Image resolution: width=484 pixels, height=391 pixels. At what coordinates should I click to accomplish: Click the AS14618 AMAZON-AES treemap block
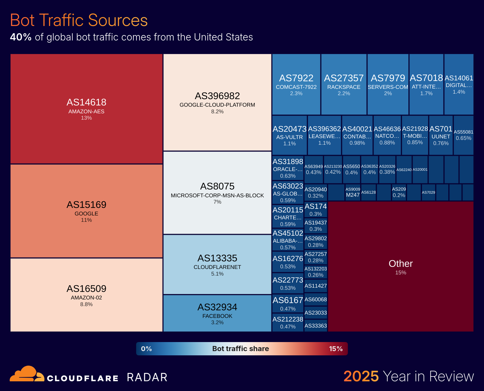click(86, 109)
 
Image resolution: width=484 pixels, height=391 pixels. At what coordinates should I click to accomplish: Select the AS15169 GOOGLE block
click(86, 211)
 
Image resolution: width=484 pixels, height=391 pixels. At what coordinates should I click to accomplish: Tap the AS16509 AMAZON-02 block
click(86, 295)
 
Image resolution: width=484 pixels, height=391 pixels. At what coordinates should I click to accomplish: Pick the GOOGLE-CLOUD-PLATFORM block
click(217, 102)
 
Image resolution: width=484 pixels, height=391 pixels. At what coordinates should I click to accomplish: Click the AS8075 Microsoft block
click(217, 193)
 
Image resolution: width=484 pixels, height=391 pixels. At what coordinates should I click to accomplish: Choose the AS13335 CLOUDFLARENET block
click(217, 264)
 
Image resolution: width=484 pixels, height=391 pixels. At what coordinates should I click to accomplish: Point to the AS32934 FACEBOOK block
click(217, 313)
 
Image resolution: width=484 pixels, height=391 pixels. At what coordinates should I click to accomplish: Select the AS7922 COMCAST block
click(296, 84)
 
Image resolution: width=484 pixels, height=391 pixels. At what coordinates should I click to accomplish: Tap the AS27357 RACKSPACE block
click(344, 84)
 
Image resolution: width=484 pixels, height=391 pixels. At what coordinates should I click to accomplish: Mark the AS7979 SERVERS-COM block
click(388, 84)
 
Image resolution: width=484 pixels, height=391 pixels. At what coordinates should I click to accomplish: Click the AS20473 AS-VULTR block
click(289, 135)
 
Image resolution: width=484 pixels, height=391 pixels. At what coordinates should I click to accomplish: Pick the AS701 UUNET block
click(441, 135)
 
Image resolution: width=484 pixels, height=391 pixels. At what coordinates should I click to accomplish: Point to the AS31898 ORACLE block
click(288, 168)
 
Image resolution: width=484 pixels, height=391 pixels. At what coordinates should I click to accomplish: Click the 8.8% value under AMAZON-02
click(86, 304)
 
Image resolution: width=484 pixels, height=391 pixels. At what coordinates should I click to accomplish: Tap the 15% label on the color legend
click(336, 349)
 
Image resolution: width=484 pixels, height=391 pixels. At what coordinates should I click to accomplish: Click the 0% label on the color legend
click(146, 349)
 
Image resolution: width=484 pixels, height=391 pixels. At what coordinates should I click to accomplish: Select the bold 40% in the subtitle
click(21, 37)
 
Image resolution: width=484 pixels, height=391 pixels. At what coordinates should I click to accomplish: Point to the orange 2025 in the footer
click(361, 376)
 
